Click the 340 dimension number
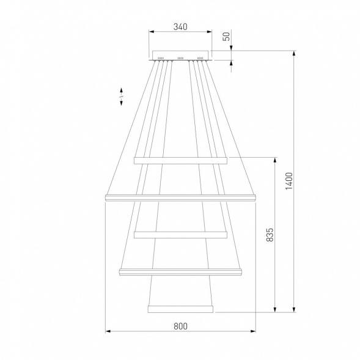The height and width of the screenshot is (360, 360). (x=180, y=27)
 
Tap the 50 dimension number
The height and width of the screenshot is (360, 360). (x=226, y=36)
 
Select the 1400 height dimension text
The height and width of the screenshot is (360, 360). (x=289, y=181)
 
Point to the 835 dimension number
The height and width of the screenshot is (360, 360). (x=270, y=235)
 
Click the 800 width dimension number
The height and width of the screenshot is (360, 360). (x=180, y=326)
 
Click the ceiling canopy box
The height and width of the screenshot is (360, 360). (x=180, y=56)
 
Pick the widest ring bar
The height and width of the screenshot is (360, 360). (x=180, y=198)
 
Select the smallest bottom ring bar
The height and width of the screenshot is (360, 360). (x=180, y=309)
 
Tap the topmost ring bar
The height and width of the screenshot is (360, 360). (x=180, y=161)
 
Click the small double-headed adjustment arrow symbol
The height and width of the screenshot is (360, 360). (x=121, y=97)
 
